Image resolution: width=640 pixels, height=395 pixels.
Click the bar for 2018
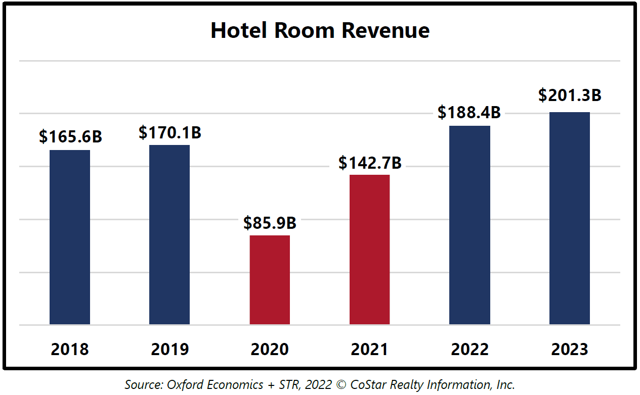click(x=70, y=237)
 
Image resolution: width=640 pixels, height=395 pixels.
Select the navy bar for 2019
click(x=169, y=234)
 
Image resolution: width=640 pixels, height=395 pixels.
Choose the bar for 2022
click(x=470, y=225)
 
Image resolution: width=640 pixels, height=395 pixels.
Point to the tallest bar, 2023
click(x=570, y=218)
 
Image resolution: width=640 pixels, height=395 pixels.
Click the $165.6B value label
click(x=70, y=136)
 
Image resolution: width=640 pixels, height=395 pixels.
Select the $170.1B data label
click(x=170, y=132)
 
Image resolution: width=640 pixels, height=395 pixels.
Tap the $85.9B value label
click(x=270, y=223)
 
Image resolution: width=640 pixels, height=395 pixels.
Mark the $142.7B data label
click(x=370, y=163)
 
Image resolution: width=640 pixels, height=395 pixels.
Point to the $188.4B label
click(x=469, y=112)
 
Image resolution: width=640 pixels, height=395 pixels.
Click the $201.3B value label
click(x=570, y=95)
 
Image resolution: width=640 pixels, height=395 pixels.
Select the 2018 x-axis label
click(x=70, y=349)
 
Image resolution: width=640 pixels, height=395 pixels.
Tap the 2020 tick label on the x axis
click(x=270, y=349)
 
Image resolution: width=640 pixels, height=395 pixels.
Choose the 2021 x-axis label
click(x=369, y=349)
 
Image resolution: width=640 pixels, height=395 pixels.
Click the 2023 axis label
click(x=570, y=349)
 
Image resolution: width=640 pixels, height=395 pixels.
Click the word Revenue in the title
click(x=385, y=31)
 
